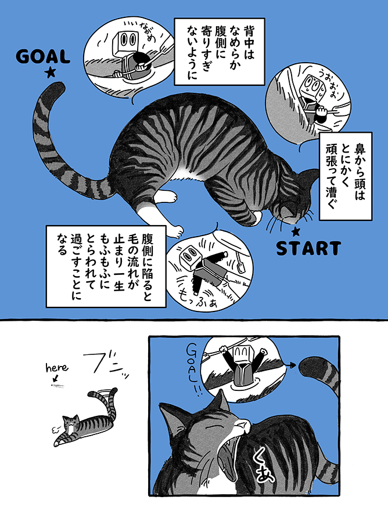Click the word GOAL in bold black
point(43,57)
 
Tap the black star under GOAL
point(51,72)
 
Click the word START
point(308,248)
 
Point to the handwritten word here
point(57,367)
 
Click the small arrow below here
point(55,378)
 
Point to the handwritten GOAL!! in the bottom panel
point(195,370)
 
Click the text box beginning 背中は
point(220,52)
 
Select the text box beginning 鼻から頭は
point(346,176)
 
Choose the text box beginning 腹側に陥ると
point(106,266)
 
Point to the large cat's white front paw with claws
point(174,230)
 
